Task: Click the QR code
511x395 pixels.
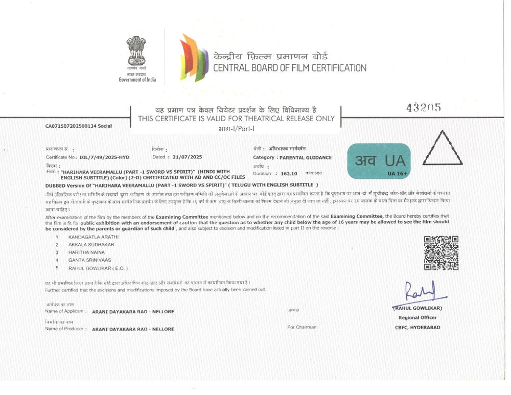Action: click(x=441, y=253)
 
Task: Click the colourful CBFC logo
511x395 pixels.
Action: click(x=194, y=57)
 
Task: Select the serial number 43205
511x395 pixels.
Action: click(x=423, y=108)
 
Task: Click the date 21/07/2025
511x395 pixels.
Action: click(x=188, y=157)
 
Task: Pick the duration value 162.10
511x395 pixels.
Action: click(x=290, y=174)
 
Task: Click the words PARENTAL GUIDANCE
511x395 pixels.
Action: click(x=305, y=157)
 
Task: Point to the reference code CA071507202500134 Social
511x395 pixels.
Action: click(x=78, y=126)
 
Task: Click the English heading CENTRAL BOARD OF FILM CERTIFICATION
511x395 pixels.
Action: click(x=289, y=68)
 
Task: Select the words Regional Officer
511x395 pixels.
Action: click(x=417, y=318)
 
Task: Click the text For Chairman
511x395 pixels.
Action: click(x=301, y=327)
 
